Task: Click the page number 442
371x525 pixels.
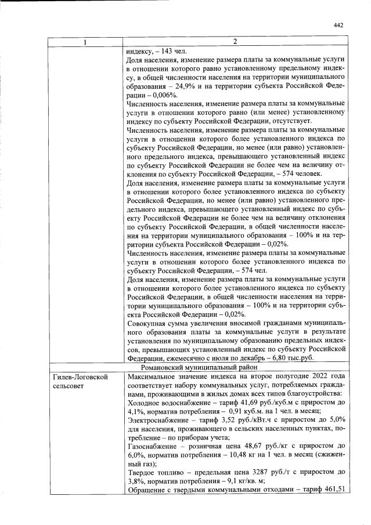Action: pyautogui.click(x=339, y=25)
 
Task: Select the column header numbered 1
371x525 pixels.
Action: pyautogui.click(x=85, y=42)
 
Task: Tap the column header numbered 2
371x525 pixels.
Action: pyautogui.click(x=235, y=42)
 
